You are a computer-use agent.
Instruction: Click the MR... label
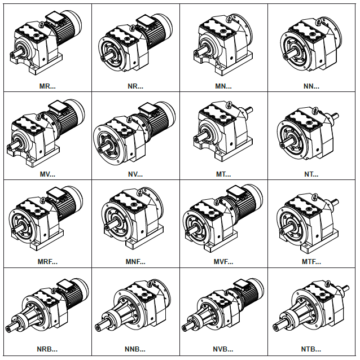[x=47, y=86]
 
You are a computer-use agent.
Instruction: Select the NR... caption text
[x=135, y=86]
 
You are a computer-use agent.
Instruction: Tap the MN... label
[x=223, y=86]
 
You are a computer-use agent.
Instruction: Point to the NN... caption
[x=311, y=86]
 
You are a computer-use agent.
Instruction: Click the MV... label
[x=47, y=174]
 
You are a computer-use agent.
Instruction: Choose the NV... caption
[x=135, y=174]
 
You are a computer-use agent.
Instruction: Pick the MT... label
[x=223, y=174]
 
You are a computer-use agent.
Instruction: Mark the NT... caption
[x=311, y=174]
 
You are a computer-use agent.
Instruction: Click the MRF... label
[x=47, y=262]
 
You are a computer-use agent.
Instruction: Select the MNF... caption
[x=135, y=262]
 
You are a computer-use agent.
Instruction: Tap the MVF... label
[x=223, y=262]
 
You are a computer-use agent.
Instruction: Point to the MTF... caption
[x=311, y=262]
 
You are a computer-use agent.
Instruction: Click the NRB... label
[x=47, y=349]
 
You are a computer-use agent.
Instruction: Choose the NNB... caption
[x=135, y=349]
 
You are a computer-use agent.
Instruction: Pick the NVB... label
[x=223, y=349]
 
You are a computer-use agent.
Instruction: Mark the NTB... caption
[x=311, y=349]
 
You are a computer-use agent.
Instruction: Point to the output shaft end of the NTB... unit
[x=276, y=327]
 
